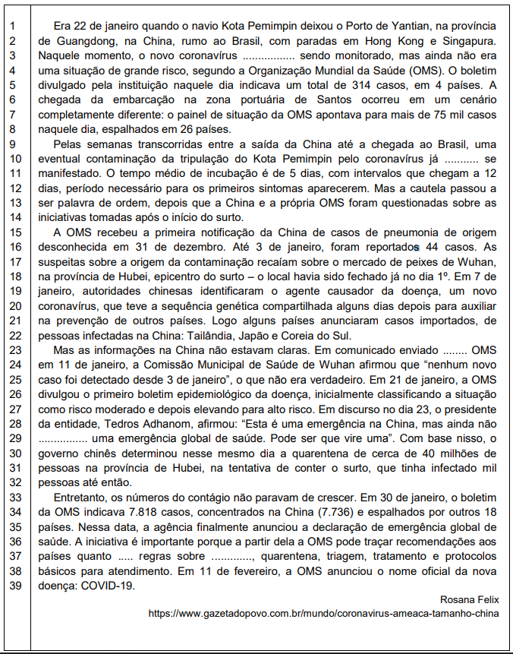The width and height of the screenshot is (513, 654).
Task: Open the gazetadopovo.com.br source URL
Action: (324, 613)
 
